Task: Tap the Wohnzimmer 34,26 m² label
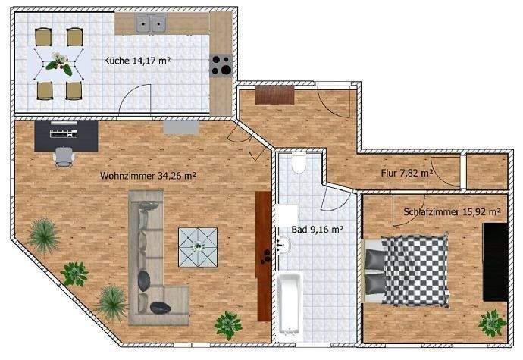[x=148, y=175]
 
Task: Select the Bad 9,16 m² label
[x=318, y=228]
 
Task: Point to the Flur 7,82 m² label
[x=407, y=173]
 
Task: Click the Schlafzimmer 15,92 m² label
[x=452, y=211]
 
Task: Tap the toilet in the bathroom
[x=299, y=163]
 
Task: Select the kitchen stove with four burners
[x=221, y=66]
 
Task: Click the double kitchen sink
[x=152, y=24]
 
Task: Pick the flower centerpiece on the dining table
[x=58, y=64]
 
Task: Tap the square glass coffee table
[x=199, y=247]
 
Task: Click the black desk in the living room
[x=67, y=134]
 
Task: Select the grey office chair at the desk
[x=64, y=155]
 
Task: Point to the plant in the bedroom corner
[x=491, y=322]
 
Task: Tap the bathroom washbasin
[x=283, y=244]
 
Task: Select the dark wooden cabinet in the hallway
[x=274, y=95]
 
